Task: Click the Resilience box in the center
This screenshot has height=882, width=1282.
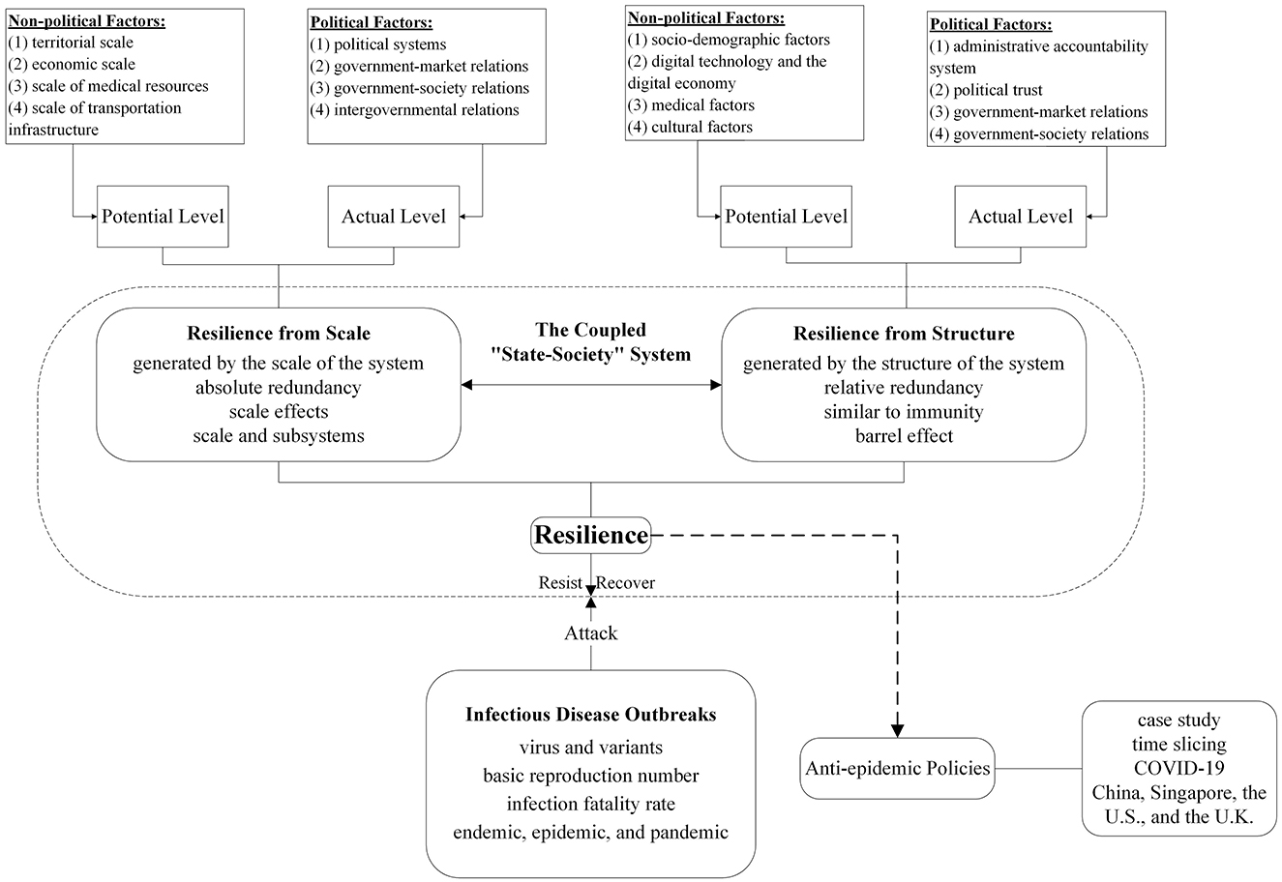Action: coord(590,536)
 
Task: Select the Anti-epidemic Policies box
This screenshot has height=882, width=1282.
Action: coord(898,768)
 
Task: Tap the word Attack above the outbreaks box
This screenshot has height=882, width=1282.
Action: coord(590,633)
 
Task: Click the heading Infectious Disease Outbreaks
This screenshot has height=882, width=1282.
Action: coord(590,715)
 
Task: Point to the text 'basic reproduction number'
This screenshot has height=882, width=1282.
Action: coord(590,776)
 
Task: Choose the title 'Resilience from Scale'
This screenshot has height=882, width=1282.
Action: coord(279,334)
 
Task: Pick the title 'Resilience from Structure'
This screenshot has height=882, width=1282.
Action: coord(904,334)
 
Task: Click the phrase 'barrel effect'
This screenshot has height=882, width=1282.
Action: coord(905,436)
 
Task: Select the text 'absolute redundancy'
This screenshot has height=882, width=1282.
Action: coord(279,388)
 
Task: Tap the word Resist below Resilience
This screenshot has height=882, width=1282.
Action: coord(560,583)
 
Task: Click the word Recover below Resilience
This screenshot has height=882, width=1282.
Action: coord(625,583)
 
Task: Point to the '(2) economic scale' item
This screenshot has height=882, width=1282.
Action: coord(72,64)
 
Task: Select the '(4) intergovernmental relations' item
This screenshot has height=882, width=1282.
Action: coord(414,110)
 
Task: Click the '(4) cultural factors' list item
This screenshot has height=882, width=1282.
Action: coord(690,127)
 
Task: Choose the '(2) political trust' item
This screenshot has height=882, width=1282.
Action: coord(986,90)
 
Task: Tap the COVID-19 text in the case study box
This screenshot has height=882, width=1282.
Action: coord(1179,768)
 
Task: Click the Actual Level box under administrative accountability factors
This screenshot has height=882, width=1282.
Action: coord(1021,217)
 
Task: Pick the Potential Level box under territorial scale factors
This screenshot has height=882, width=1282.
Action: coord(163,217)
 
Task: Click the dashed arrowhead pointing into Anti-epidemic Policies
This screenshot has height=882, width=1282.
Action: coord(898,731)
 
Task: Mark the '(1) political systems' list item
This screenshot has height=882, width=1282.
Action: coord(377,44)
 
